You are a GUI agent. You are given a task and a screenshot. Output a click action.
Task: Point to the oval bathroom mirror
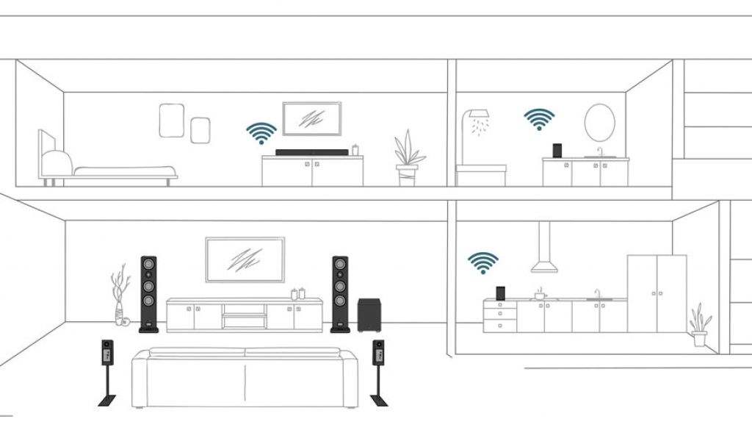(x=599, y=122)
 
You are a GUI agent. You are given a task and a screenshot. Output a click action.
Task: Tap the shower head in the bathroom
(x=477, y=117)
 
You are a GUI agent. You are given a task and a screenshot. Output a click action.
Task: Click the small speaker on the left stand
(x=107, y=352)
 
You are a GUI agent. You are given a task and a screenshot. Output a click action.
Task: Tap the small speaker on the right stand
(x=379, y=352)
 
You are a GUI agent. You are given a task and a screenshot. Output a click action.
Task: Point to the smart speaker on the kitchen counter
(x=501, y=293)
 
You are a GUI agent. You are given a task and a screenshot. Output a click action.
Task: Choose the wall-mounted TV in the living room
(x=245, y=259)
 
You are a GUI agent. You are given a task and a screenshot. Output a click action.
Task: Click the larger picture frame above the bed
(x=171, y=120)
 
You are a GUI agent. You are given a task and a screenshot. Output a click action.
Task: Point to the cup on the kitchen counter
(x=540, y=295)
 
